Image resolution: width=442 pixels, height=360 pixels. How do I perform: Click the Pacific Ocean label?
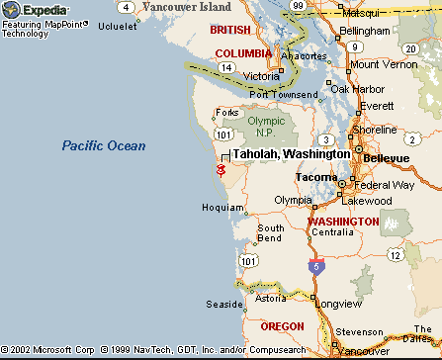pyautogui.click(x=104, y=145)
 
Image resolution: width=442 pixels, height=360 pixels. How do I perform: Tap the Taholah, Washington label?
pyautogui.click(x=291, y=154)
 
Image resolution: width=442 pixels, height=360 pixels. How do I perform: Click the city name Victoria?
pyautogui.click(x=262, y=76)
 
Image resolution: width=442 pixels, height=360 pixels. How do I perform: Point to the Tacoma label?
pyautogui.click(x=316, y=177)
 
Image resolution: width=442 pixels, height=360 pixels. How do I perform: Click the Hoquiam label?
pyautogui.click(x=218, y=208)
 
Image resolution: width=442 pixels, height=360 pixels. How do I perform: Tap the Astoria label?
pyautogui.click(x=271, y=297)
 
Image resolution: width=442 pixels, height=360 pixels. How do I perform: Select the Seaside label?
pyautogui.click(x=222, y=304)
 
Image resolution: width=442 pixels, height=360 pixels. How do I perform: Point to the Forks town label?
pyautogui.click(x=225, y=111)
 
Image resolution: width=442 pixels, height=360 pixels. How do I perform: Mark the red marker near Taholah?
pyautogui.click(x=221, y=170)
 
